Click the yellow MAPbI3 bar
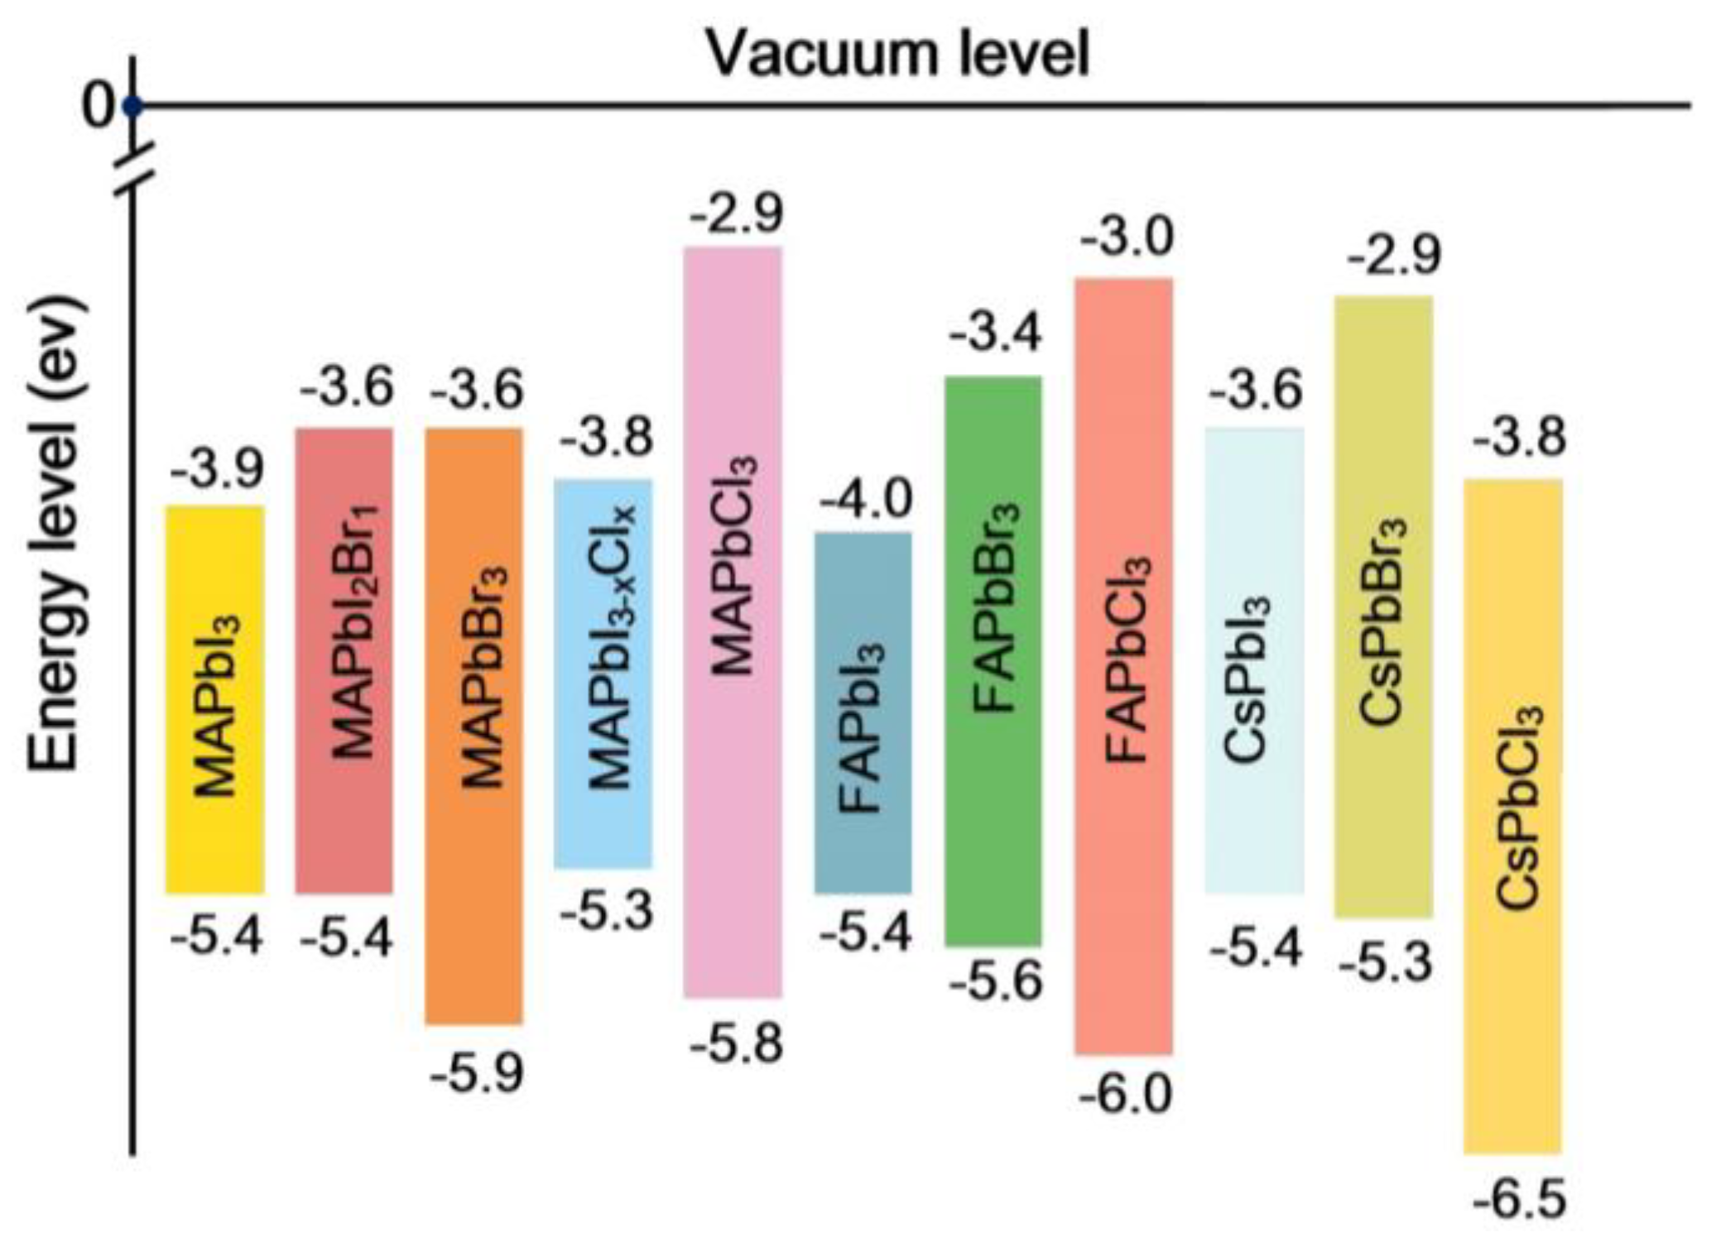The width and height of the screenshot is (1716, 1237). (215, 699)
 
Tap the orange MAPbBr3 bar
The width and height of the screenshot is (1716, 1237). (474, 726)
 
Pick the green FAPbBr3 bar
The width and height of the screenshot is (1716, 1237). (993, 660)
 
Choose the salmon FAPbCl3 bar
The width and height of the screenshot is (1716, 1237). (1123, 666)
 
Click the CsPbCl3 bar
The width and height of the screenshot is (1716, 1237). (1513, 815)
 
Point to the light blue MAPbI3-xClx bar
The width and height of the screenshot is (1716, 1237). (603, 674)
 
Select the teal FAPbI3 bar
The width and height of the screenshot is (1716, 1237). (863, 712)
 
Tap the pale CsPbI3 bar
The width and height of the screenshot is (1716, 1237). (1254, 660)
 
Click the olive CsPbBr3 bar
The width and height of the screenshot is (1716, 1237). (1383, 607)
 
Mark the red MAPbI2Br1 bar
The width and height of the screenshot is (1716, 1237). (344, 660)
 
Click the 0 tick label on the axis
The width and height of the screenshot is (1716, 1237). (98, 106)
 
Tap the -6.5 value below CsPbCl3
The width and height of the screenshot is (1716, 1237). (1520, 1200)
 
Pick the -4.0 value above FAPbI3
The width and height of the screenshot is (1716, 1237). (866, 499)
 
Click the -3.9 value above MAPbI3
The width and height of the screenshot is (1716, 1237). (217, 468)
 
